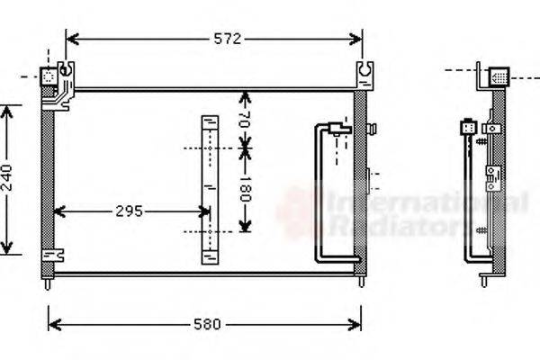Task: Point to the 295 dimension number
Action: click(129, 211)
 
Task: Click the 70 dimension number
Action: click(245, 120)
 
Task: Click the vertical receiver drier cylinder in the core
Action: click(209, 189)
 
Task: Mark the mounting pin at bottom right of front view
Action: click(361, 282)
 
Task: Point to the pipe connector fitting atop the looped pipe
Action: click(338, 128)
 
